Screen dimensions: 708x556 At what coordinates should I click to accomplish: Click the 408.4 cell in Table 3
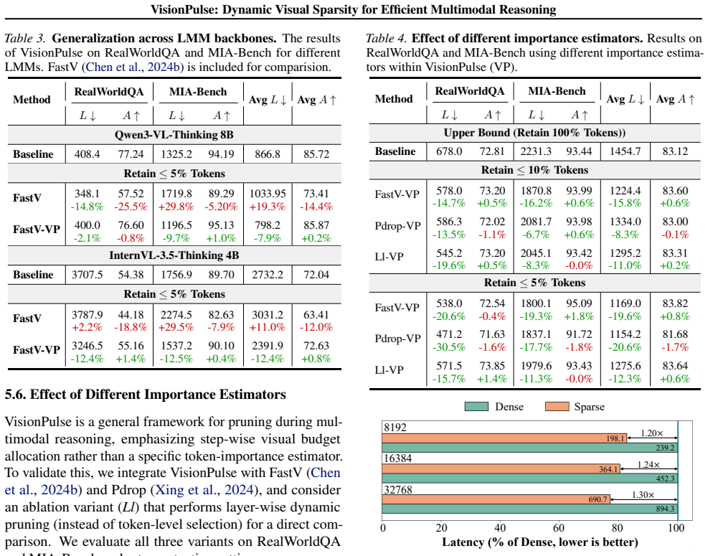[x=87, y=154]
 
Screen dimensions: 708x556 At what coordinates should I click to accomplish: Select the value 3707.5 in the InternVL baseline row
[x=87, y=275]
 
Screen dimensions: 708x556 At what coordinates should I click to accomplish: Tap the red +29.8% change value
[x=176, y=207]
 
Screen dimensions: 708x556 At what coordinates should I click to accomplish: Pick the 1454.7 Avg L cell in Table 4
[x=625, y=151]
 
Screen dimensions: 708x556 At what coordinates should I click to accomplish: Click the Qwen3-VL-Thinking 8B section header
[x=174, y=135]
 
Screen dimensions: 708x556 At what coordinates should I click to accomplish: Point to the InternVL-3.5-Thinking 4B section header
[x=174, y=255]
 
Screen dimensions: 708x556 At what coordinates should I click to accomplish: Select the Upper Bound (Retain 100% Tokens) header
[x=534, y=132]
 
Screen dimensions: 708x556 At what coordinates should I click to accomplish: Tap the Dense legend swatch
[x=476, y=407]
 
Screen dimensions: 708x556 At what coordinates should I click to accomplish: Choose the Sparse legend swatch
[x=557, y=407]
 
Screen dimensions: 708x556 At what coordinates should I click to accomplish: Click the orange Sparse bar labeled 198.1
[x=504, y=438]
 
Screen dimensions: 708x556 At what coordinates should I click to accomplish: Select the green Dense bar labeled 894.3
[x=529, y=509]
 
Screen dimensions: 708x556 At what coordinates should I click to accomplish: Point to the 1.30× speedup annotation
[x=643, y=494]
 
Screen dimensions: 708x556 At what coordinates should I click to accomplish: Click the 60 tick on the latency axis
[x=559, y=527]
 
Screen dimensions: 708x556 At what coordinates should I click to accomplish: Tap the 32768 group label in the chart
[x=398, y=489]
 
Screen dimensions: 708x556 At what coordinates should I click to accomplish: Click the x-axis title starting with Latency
[x=539, y=542]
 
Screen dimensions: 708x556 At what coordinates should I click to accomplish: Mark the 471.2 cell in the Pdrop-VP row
[x=449, y=334]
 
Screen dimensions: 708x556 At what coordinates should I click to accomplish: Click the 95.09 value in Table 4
[x=579, y=303]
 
